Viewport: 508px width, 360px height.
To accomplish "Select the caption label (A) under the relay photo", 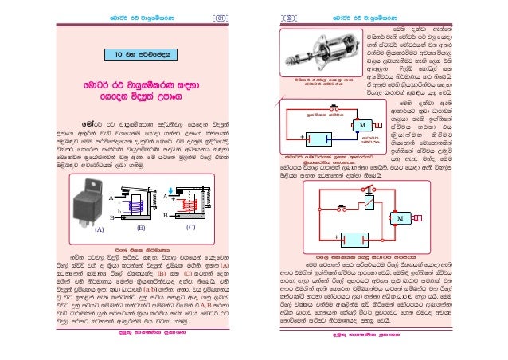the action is pos(100,228).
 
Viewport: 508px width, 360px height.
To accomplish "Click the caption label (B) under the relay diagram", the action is pos(140,228).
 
